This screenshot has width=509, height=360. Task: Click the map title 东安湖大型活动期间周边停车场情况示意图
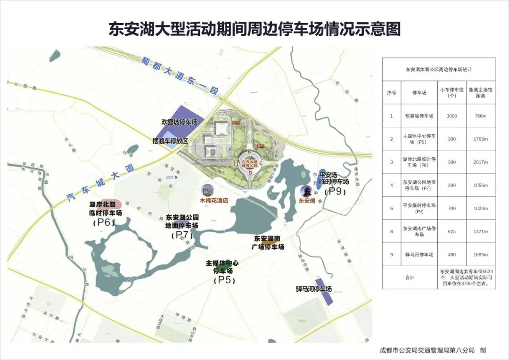coord(254,29)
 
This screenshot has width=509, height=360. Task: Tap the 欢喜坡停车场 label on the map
coord(182,122)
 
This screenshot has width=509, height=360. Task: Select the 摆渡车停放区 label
coord(170,141)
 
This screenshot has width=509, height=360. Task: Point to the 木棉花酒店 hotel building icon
coord(206,190)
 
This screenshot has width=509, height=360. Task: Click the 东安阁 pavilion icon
coord(306,192)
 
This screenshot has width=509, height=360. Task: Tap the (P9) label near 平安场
coord(337,191)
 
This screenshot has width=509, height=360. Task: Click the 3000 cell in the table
coord(452,116)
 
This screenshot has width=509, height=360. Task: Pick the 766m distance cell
coord(481,116)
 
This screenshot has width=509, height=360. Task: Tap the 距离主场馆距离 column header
coord(481,93)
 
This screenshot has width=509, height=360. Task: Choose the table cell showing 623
coord(452,231)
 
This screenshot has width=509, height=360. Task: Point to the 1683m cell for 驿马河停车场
coord(481,255)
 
